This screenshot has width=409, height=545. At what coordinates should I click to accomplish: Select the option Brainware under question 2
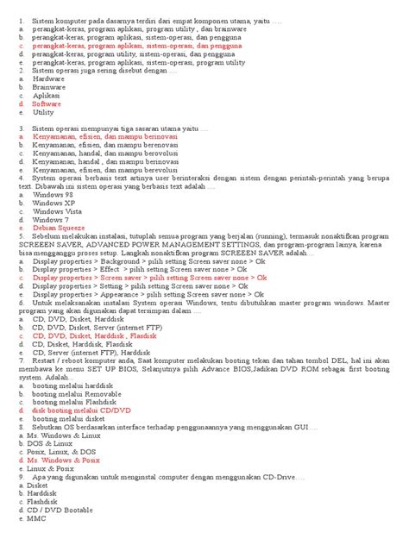pyautogui.click(x=48, y=87)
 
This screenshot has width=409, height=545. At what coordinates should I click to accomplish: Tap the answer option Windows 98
pyautogui.click(x=52, y=195)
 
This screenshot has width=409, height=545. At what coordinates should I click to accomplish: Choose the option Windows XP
pyautogui.click(x=51, y=203)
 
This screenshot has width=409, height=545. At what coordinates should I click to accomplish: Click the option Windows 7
pyautogui.click(x=49, y=219)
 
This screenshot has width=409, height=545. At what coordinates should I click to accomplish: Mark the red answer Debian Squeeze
pyautogui.click(x=59, y=228)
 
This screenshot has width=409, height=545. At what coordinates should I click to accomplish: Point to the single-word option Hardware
pyautogui.click(x=48, y=78)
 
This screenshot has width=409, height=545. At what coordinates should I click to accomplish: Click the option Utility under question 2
pyautogui.click(x=43, y=112)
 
